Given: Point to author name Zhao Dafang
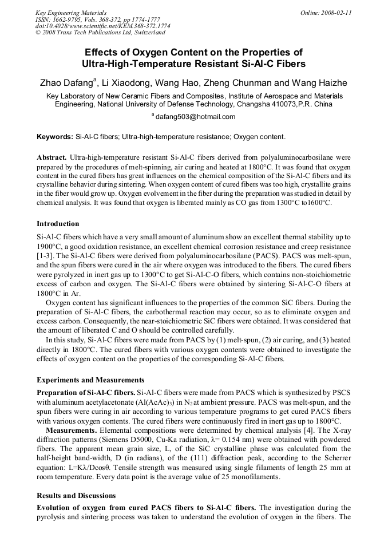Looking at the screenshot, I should [x=66, y=84].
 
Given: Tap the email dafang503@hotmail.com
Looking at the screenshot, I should [x=196, y=117].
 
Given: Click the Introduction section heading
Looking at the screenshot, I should [x=58, y=224].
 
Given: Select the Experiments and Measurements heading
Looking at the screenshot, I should [x=90, y=380].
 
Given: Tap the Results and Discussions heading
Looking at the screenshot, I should [x=76, y=496].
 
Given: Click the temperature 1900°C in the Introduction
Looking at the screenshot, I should [x=50, y=246].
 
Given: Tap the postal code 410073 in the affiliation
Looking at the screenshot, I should [x=282, y=105].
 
